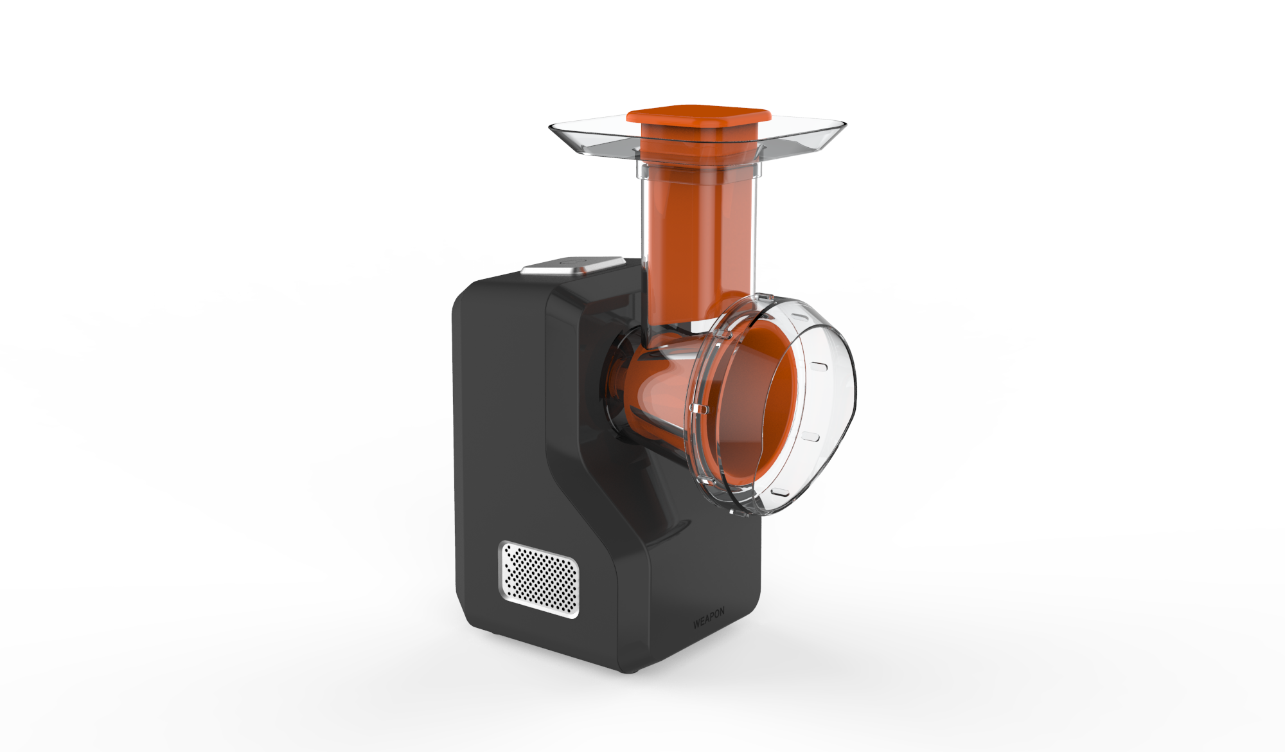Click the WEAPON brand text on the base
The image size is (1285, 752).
709,618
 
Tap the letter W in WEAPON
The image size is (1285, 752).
696,623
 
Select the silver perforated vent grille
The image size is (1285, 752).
540,580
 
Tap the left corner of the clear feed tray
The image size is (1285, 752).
550,127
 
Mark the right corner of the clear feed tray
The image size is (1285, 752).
845,123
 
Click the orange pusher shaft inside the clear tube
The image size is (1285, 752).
699,238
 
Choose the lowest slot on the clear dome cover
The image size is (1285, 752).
779,492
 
